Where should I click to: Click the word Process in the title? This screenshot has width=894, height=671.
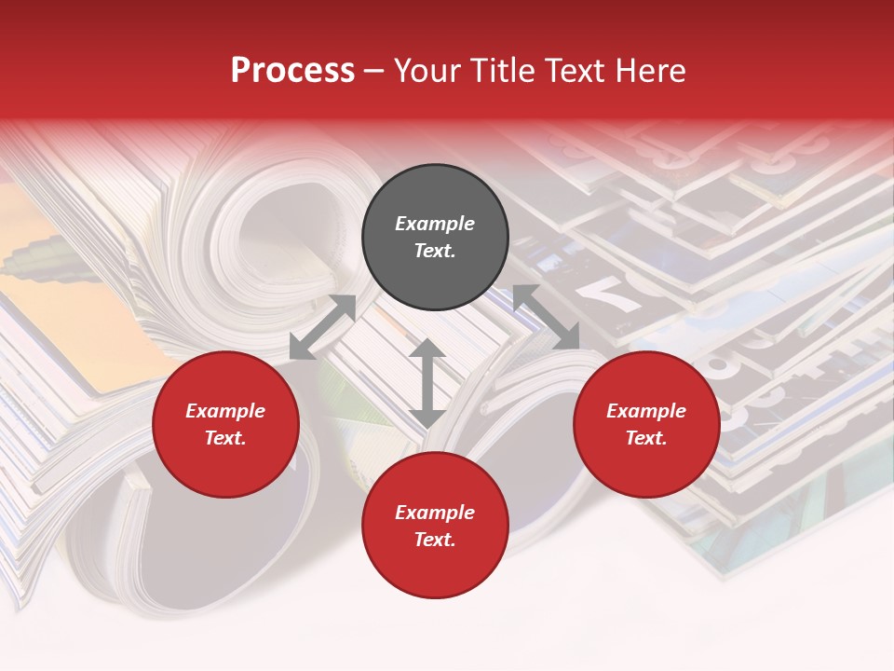pyautogui.click(x=292, y=71)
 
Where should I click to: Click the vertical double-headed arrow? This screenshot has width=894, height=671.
pyautogui.click(x=427, y=383)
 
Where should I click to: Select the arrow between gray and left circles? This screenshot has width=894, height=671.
pyautogui.click(x=322, y=327)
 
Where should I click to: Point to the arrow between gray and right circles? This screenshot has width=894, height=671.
pyautogui.click(x=546, y=317)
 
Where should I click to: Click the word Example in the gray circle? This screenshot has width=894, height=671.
pyautogui.click(x=435, y=224)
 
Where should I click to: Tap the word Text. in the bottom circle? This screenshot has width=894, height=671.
pyautogui.click(x=435, y=540)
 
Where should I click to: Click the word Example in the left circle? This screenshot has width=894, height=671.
pyautogui.click(x=225, y=411)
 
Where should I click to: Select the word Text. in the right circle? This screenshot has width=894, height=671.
pyautogui.click(x=646, y=438)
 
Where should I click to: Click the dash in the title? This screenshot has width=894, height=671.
pyautogui.click(x=374, y=71)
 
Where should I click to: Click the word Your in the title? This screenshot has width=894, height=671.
pyautogui.click(x=427, y=71)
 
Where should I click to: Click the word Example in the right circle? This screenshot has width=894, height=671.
pyautogui.click(x=646, y=411)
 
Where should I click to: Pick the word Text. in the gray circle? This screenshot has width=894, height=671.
pyautogui.click(x=435, y=251)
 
